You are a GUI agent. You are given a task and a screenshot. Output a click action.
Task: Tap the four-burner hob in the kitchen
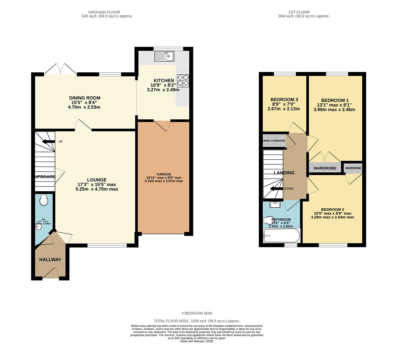[x=182, y=80]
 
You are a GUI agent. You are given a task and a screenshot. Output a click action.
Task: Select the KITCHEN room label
[x=163, y=81]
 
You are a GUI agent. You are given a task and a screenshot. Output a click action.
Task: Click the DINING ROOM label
[x=85, y=98]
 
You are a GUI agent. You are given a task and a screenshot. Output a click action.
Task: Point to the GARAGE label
[x=164, y=174]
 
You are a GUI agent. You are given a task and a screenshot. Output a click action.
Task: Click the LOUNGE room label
[x=97, y=180]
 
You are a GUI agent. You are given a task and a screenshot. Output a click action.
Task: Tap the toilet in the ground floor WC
[x=44, y=200]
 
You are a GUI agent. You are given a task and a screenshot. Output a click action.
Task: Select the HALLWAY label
[x=50, y=259]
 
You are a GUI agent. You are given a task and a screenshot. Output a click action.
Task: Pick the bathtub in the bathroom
[x=281, y=236]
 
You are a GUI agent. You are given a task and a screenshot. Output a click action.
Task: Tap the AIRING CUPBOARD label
[x=274, y=141]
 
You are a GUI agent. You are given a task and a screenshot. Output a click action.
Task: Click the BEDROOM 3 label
[x=284, y=100]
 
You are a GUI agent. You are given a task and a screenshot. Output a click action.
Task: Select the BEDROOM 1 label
[x=335, y=100]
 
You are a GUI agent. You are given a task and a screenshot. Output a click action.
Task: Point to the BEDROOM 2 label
[x=332, y=209]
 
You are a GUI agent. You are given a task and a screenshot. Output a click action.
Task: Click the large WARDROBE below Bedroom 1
[x=325, y=168]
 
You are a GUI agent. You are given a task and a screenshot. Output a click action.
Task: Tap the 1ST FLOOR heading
[x=304, y=12]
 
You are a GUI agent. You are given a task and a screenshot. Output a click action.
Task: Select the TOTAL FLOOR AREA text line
[x=197, y=321]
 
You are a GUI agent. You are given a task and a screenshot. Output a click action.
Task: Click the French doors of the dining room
[x=60, y=69]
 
